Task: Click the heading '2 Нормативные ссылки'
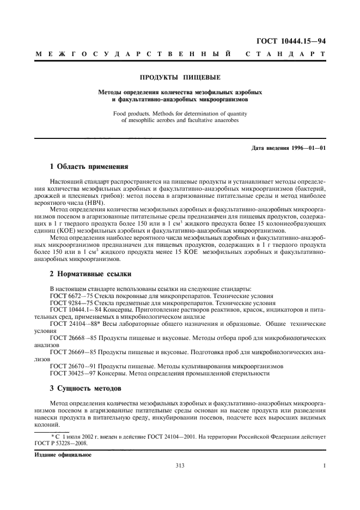click(90, 272)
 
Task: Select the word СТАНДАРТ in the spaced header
click(286, 54)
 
